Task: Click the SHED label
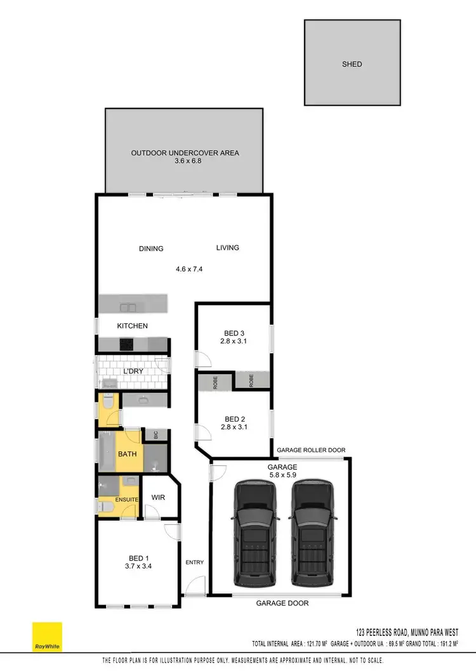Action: pyautogui.click(x=352, y=64)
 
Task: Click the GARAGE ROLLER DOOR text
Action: pyautogui.click(x=311, y=450)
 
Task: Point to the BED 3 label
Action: pyautogui.click(x=234, y=333)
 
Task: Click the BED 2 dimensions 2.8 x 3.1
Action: pyautogui.click(x=234, y=427)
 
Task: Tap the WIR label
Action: pyautogui.click(x=158, y=498)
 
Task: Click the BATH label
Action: pyautogui.click(x=128, y=454)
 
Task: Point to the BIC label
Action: pyautogui.click(x=155, y=436)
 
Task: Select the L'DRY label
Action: pyautogui.click(x=133, y=370)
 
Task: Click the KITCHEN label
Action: pyautogui.click(x=133, y=326)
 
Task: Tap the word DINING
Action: pyautogui.click(x=151, y=249)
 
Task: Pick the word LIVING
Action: pyautogui.click(x=227, y=248)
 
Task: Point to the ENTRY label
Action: pyautogui.click(x=194, y=562)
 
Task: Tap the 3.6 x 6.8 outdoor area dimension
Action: pyautogui.click(x=185, y=162)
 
